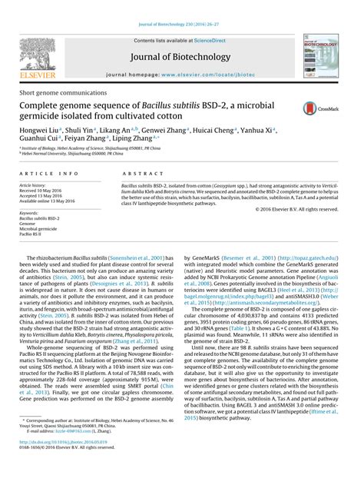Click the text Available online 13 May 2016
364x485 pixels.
(x=49, y=202)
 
